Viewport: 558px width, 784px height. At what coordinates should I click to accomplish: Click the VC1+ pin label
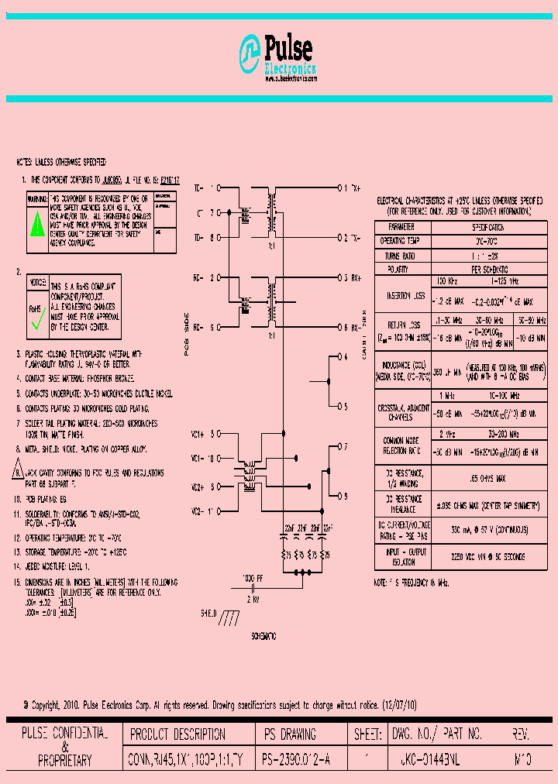[x=198, y=433]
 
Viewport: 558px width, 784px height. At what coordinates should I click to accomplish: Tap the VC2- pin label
[x=198, y=512]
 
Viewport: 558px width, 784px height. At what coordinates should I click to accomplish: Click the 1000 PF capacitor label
[x=253, y=578]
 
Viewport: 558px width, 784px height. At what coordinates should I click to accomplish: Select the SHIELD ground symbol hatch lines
[x=230, y=617]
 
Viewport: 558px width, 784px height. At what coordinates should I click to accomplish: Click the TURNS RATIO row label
[x=401, y=255]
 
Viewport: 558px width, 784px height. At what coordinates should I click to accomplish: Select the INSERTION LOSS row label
[x=401, y=295]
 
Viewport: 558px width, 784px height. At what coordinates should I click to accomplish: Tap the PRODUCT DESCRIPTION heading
[x=177, y=734]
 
